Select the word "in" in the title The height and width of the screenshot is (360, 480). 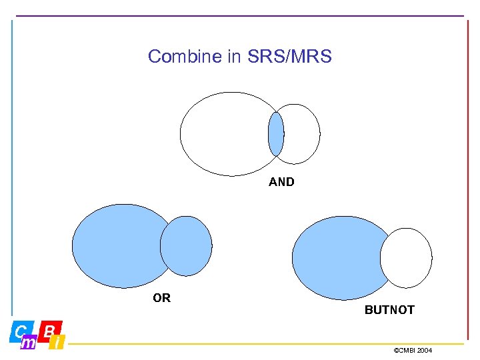click(235, 57)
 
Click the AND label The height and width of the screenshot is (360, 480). click(281, 182)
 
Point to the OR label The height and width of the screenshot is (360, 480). click(161, 298)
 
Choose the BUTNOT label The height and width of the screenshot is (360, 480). click(389, 310)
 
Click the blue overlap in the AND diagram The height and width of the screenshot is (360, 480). click(275, 134)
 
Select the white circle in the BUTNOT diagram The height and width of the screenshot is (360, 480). click(407, 258)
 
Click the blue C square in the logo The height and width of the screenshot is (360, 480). click(21, 331)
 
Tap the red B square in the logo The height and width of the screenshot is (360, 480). click(51, 330)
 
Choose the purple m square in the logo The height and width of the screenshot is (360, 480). click(29, 343)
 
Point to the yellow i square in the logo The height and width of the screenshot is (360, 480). click(59, 343)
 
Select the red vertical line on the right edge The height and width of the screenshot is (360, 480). click(468, 167)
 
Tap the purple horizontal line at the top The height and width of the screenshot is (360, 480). click(240, 16)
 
